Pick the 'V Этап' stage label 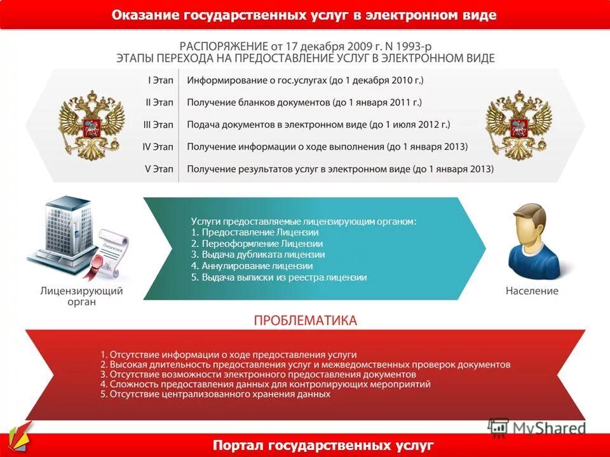click(159, 169)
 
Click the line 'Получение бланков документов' click(304, 102)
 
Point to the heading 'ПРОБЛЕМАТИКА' click(305, 320)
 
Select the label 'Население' click(532, 291)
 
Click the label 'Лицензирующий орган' click(81, 296)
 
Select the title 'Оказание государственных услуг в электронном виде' click(304, 15)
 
